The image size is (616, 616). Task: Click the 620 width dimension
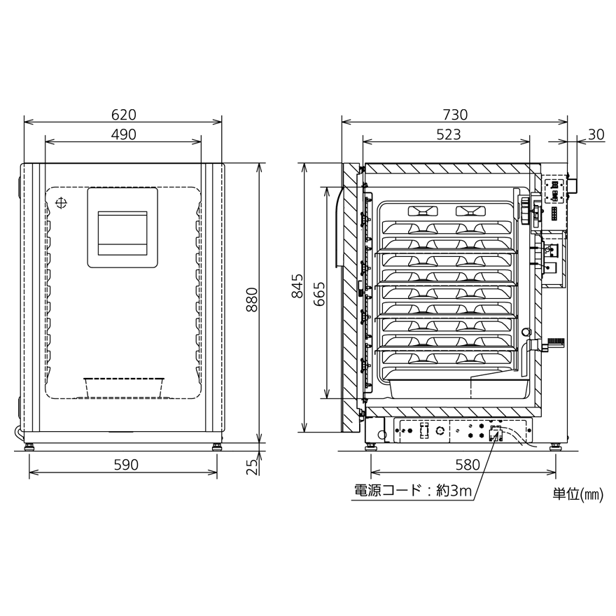tap(124, 115)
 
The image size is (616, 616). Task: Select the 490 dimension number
tap(124, 134)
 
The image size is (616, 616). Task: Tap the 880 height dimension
tap(252, 300)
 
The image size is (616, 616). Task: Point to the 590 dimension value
tap(126, 465)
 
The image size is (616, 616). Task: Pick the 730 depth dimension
tap(455, 115)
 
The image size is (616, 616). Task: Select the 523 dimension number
tap(449, 134)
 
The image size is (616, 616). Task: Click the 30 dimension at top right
tap(596, 134)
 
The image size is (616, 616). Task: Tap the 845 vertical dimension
tap(297, 286)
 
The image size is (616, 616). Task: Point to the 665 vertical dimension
tap(319, 293)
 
